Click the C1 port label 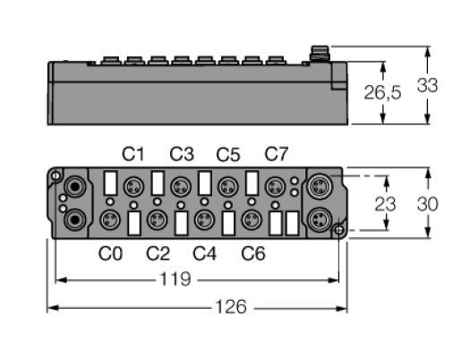(133, 154)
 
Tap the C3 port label (182, 154)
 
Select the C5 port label (228, 154)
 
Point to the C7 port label (277, 154)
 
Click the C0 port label (110, 253)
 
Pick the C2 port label (158, 253)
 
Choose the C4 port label (205, 253)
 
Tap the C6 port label (253, 253)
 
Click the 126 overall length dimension (231, 307)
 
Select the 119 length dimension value (175, 279)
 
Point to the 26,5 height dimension (382, 92)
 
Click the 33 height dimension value (428, 85)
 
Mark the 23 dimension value (385, 204)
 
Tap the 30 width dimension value (428, 204)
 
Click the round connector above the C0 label (110, 220)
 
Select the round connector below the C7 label (276, 187)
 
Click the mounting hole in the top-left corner (55, 176)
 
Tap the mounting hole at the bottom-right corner (338, 230)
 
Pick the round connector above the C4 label (204, 220)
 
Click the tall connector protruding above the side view (320, 54)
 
